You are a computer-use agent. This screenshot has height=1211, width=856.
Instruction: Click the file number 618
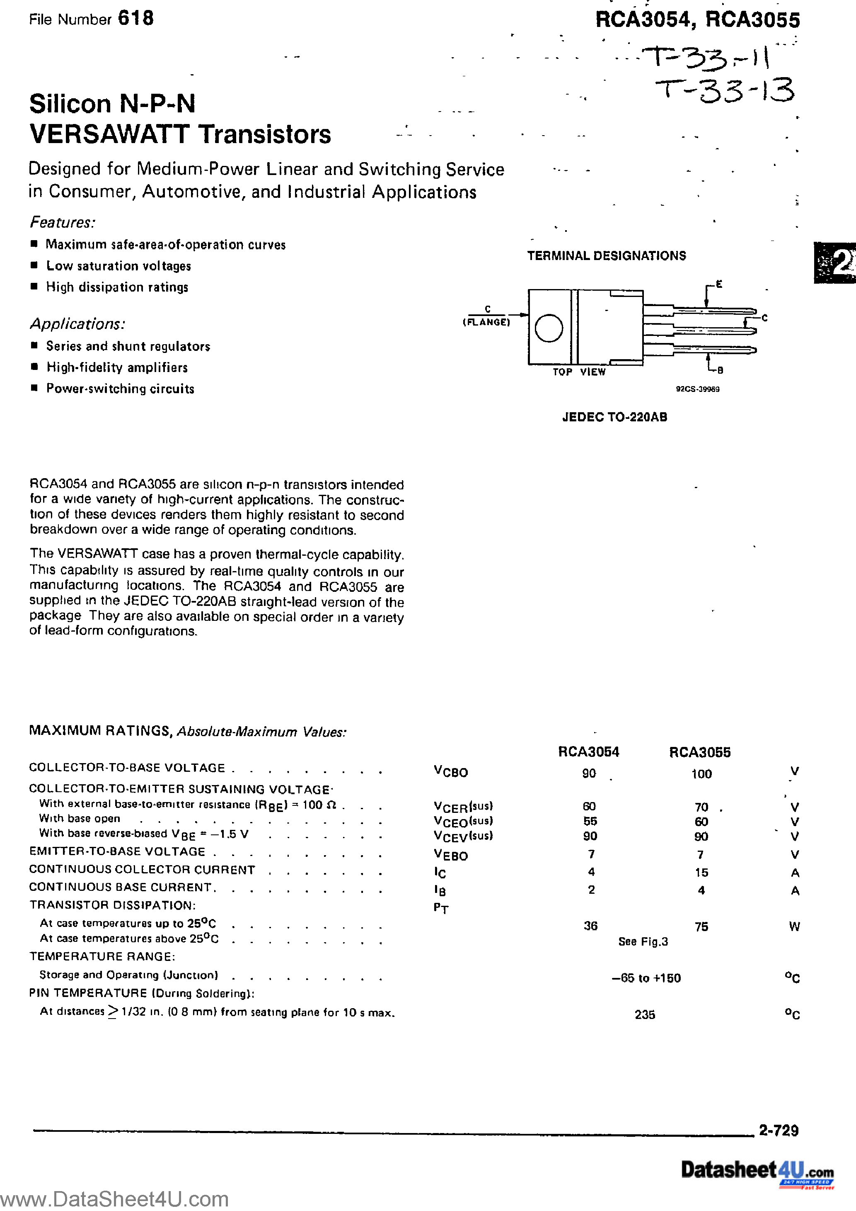[135, 19]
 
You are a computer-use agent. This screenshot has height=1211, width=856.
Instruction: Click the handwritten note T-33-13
[725, 91]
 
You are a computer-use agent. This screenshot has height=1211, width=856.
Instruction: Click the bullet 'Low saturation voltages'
[118, 266]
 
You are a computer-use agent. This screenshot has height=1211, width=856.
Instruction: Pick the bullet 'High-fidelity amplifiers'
[117, 367]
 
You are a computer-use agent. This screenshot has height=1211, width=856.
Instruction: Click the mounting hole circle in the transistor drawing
[549, 328]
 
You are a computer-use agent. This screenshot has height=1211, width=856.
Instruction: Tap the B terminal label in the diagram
[720, 370]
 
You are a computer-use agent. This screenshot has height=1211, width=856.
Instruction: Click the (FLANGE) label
[486, 322]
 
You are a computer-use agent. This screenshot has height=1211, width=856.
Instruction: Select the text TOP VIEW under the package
[579, 372]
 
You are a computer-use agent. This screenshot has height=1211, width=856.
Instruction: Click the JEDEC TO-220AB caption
[614, 417]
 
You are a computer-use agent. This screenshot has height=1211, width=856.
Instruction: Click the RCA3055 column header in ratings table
[699, 753]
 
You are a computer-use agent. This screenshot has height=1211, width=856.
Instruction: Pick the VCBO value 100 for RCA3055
[701, 774]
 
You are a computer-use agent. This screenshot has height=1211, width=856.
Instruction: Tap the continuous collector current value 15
[701, 873]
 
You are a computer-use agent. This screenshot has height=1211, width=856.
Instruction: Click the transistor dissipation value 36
[590, 926]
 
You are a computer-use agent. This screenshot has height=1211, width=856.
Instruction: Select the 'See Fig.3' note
[643, 941]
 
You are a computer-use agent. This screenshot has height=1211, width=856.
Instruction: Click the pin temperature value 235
[645, 1014]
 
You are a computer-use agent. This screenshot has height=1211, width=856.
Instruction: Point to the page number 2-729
[779, 1130]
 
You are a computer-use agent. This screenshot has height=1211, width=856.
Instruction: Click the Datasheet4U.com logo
[757, 1170]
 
